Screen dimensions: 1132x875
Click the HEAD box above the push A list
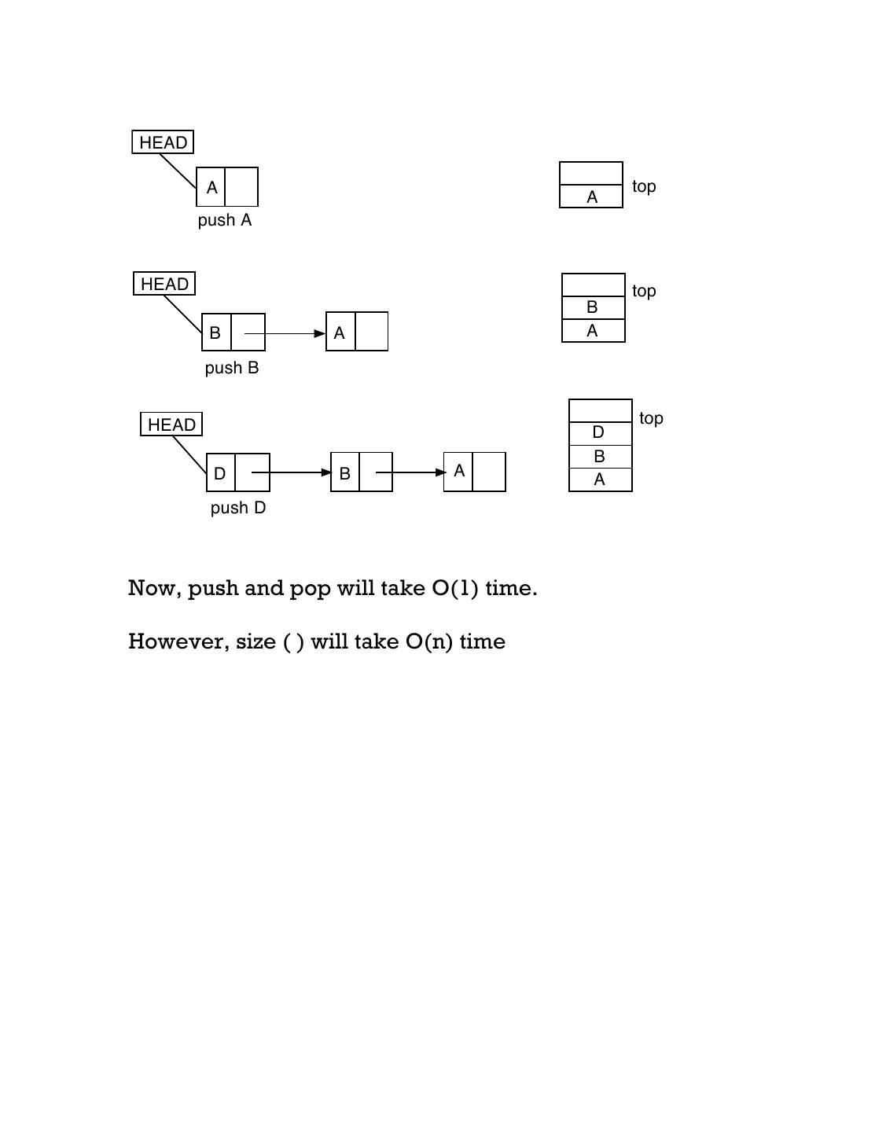pos(163,142)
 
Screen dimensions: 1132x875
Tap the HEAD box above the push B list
pos(164,284)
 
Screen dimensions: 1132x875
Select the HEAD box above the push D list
pos(171,424)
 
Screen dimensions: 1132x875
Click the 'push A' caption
pos(225,220)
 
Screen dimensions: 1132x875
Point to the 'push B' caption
pos(232,368)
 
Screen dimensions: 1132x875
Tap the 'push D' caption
pos(238,508)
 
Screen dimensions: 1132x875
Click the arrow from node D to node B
pos(291,472)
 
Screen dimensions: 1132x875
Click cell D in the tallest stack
pos(599,432)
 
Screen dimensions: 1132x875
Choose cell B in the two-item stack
pos(593,307)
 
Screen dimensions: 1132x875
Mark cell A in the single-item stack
pos(592,197)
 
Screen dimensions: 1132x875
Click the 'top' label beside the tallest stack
pos(651,418)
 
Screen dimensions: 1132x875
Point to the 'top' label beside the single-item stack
pos(644,186)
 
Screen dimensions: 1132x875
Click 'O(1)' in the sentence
pos(455,588)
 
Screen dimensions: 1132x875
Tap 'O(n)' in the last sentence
pos(429,641)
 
